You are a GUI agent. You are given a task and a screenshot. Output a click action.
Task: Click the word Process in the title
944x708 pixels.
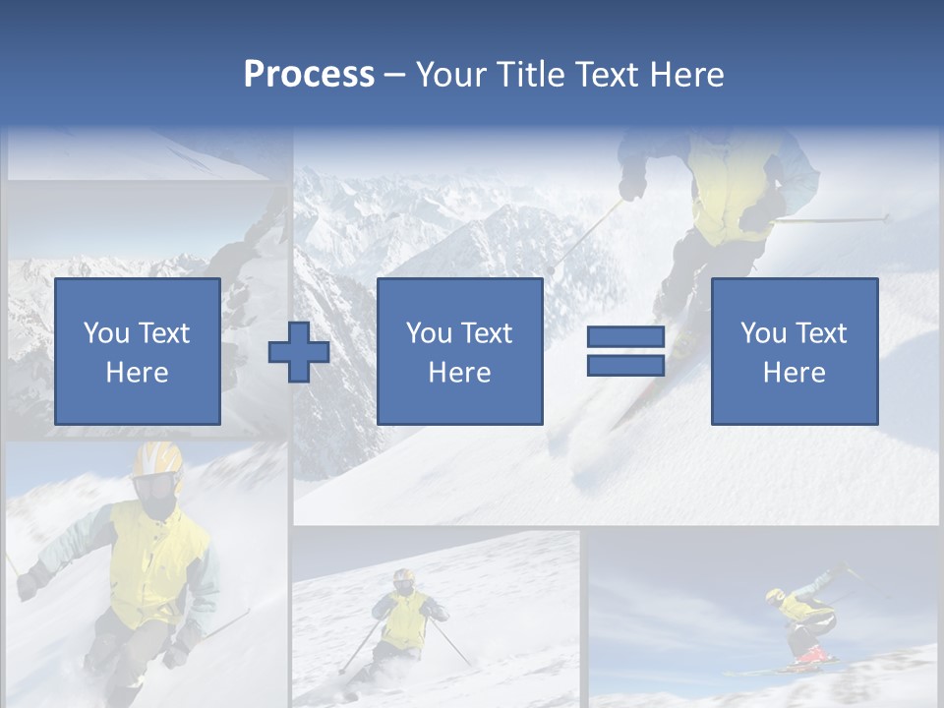309,75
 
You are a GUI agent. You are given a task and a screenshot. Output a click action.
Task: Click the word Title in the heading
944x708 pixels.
530,75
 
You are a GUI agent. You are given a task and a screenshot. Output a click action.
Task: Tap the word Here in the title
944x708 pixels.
684,75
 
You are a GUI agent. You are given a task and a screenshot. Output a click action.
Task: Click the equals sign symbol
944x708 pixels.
625,352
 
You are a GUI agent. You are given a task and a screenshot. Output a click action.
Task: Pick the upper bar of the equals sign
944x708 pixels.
625,338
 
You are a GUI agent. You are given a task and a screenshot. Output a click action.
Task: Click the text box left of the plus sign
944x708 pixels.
137,351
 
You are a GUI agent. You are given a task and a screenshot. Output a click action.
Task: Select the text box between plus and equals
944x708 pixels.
459,351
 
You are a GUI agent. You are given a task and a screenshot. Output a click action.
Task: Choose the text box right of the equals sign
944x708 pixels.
794,351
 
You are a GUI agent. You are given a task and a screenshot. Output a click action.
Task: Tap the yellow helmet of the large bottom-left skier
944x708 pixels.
157,457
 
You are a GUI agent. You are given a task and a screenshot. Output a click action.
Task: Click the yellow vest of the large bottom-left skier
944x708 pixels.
157,560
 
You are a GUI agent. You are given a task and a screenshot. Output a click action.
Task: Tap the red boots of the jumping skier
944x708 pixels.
812,654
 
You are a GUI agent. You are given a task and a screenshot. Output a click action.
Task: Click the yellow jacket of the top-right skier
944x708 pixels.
733,187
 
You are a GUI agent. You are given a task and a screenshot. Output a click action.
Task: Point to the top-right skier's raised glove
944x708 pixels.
633,185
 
